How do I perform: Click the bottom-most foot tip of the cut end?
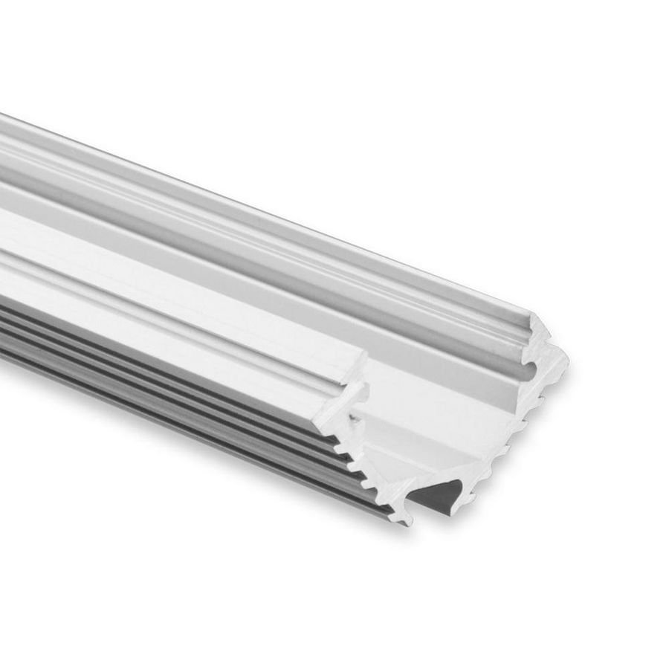pyautogui.click(x=407, y=522)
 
